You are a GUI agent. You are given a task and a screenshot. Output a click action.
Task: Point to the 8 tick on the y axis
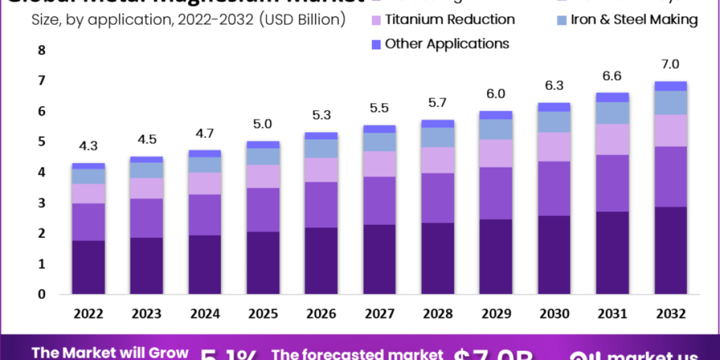point(41,50)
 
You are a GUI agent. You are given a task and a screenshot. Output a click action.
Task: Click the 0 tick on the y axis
point(41,294)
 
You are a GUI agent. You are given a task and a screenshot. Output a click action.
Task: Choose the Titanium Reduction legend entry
point(449,19)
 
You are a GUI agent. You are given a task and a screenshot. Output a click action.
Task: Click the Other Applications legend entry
point(446,44)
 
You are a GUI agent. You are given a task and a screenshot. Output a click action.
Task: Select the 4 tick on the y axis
point(41,172)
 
